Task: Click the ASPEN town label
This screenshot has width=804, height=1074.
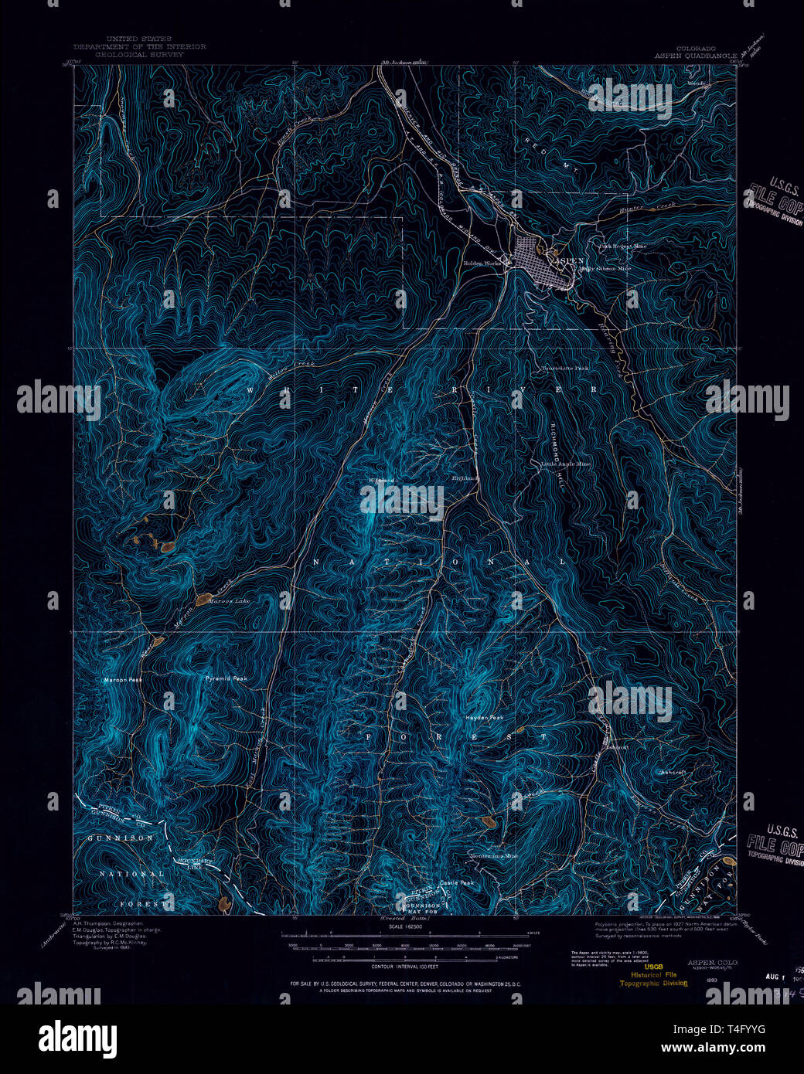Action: point(567,261)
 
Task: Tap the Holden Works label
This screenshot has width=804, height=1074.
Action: point(482,263)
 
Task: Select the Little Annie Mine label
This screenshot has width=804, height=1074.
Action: point(565,464)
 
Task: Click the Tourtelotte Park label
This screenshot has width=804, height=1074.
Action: point(564,368)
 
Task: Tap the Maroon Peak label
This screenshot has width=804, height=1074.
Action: point(123,681)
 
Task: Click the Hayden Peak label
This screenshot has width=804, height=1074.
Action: point(484,718)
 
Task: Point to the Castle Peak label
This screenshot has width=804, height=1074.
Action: point(456,882)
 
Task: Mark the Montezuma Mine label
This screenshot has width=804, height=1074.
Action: point(494,856)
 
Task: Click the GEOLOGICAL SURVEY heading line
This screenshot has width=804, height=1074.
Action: point(139,56)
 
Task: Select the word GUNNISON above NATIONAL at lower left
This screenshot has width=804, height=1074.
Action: point(120,838)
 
